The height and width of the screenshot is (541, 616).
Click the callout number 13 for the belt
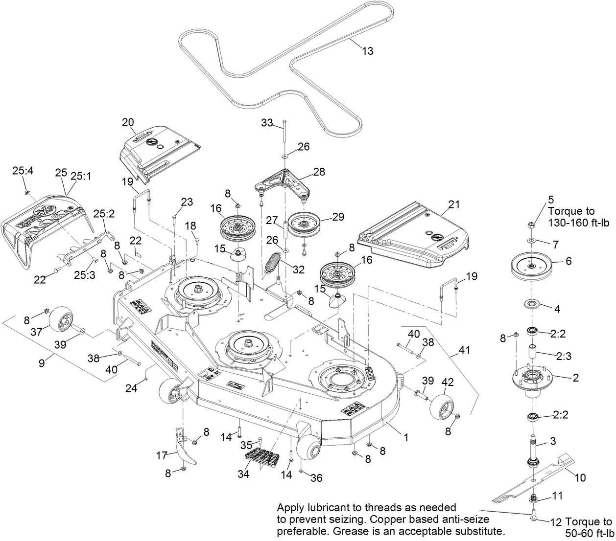(x=367, y=51)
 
